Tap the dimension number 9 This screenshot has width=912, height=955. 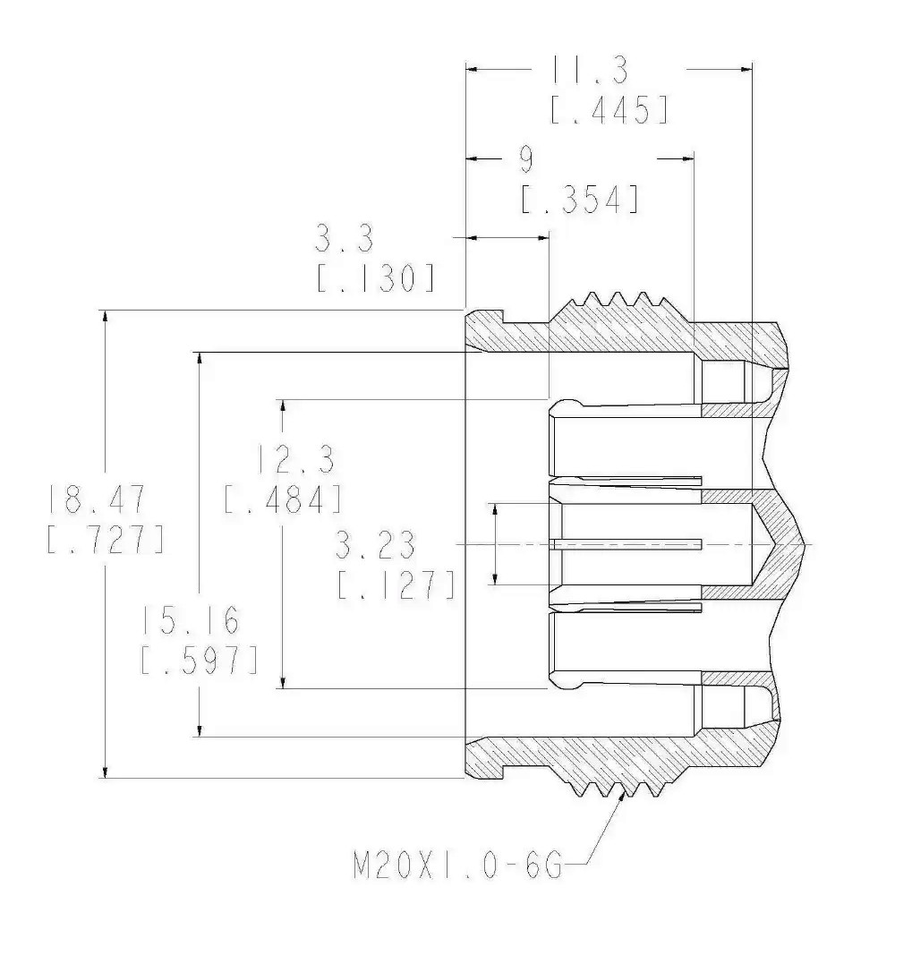pyautogui.click(x=525, y=159)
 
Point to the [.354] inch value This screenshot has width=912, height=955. pyautogui.click(x=580, y=200)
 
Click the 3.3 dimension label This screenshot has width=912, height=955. pyautogui.click(x=345, y=238)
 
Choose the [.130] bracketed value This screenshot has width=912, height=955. pyautogui.click(x=376, y=277)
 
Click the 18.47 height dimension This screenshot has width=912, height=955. pyautogui.click(x=97, y=499)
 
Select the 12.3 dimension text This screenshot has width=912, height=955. pyautogui.click(x=296, y=459)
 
